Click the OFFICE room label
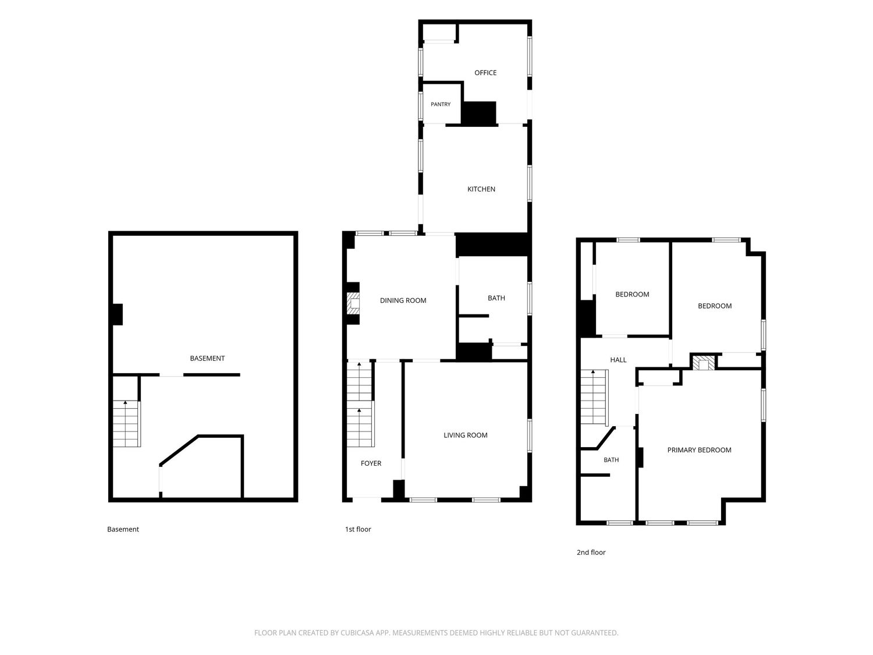tap(485, 73)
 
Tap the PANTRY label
tap(440, 104)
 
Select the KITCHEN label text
tap(481, 189)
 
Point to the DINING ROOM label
tap(403, 300)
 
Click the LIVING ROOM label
tap(466, 435)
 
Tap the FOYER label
tap(371, 463)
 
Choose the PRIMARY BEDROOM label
tap(699, 450)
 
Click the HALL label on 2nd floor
tap(618, 360)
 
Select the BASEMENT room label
tap(207, 358)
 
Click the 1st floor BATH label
tap(496, 298)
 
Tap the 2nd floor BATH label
tap(611, 460)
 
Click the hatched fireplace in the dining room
tap(353, 303)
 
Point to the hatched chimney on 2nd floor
tap(703, 363)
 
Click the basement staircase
tap(126, 423)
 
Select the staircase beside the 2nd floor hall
tap(594, 398)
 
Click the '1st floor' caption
tap(358, 529)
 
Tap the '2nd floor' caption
tap(591, 553)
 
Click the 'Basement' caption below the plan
tap(123, 529)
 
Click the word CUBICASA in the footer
tap(356, 633)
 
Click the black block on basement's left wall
tap(118, 314)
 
